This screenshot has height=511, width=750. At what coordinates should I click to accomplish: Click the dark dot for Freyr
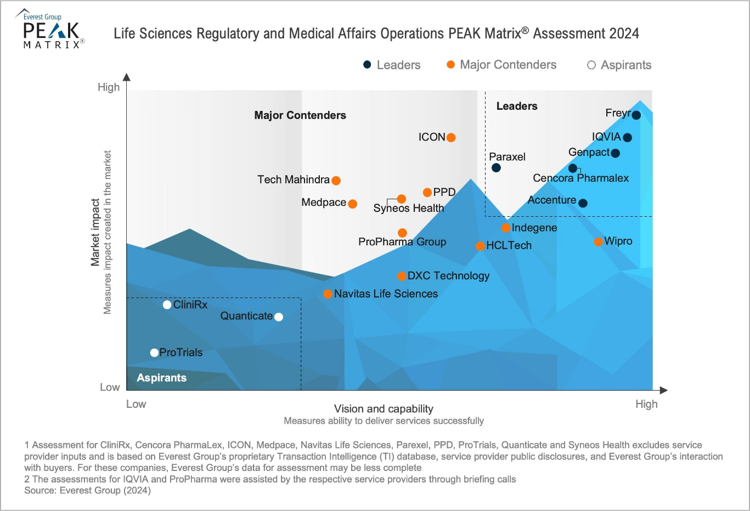coord(636,115)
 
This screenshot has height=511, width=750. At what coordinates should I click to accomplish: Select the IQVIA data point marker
coord(627,137)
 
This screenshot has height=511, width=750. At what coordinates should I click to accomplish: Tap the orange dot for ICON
coord(450,137)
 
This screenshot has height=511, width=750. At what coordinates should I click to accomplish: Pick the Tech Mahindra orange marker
coord(336,180)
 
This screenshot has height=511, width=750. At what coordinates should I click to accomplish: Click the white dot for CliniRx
coord(167,305)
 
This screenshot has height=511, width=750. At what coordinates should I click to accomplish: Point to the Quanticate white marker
coord(278,317)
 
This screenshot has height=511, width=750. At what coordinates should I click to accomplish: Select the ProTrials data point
coord(154,353)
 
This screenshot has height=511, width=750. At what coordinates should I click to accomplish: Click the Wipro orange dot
coord(598,242)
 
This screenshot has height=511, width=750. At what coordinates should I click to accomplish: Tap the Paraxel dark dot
coord(496,167)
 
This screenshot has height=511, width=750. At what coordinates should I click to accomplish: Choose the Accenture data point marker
coord(583,203)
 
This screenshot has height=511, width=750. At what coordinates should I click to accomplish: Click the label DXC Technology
coord(448,276)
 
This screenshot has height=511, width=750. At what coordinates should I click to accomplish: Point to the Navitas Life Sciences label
coord(386,294)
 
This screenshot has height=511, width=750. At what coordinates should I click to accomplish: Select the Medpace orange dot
coord(352,204)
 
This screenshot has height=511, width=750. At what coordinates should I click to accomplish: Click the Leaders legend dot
coord(367,65)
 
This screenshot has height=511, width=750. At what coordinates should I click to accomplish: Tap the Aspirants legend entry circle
coord(591,65)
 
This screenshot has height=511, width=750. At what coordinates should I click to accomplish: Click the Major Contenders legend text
coord(508,65)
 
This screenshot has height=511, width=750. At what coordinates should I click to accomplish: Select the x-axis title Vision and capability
coord(384,408)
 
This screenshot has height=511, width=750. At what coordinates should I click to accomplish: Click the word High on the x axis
coord(646,404)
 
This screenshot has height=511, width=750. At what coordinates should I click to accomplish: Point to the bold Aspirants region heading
coord(161,378)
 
